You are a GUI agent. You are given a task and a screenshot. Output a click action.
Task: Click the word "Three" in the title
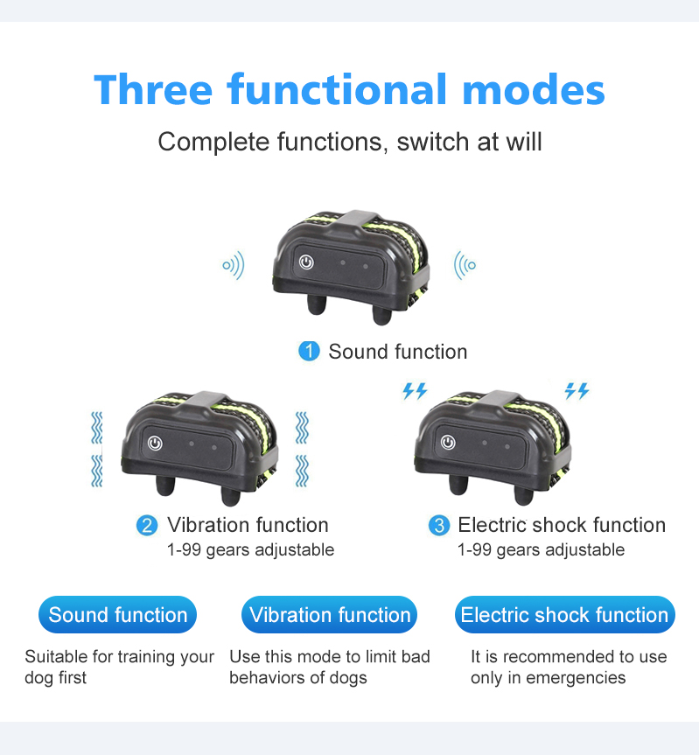tap(153, 89)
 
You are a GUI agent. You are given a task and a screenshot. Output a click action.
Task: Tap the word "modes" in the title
tap(534, 89)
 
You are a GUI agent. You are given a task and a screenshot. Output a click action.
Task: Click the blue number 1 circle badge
tap(309, 351)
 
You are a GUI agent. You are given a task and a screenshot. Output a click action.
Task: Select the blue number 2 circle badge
tap(147, 525)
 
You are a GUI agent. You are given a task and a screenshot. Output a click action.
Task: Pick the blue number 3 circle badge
tap(439, 525)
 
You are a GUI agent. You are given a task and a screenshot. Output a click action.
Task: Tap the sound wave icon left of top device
tap(234, 265)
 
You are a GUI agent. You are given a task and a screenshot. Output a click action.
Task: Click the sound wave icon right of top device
tap(465, 265)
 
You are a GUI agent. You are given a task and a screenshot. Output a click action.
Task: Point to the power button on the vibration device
tap(155, 443)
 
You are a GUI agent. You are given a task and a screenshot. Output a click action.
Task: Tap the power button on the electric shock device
tap(448, 442)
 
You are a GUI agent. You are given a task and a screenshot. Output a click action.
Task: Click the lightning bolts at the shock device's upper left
tap(415, 391)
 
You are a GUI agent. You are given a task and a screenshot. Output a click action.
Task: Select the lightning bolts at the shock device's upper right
tap(577, 390)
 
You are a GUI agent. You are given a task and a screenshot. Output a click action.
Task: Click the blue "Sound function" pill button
tap(117, 614)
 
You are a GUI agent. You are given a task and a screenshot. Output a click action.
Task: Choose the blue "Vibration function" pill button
tap(329, 614)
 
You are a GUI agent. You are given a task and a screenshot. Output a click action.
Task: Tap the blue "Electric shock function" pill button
tap(564, 614)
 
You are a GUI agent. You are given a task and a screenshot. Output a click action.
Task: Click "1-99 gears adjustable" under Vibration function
tap(250, 550)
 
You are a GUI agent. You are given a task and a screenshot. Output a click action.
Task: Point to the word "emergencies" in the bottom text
tap(576, 678)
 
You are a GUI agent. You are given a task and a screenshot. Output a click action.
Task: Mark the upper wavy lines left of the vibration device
tap(97, 428)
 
